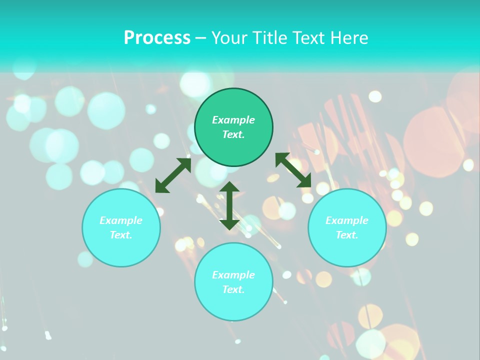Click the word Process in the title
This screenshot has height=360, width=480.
tap(157, 38)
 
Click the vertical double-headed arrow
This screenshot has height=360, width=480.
tap(229, 205)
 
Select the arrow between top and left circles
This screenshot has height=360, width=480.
tap(173, 175)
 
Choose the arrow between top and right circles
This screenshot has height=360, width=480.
tap(293, 170)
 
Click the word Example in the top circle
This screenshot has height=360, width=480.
tap(233, 120)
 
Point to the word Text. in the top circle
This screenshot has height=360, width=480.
tap(233, 134)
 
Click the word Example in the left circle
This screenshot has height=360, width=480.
tap(121, 220)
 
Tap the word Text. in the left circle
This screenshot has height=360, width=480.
tap(121, 235)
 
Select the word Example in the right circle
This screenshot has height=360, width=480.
tap(347, 220)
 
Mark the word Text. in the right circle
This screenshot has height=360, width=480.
tap(347, 235)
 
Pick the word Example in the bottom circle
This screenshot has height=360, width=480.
tap(233, 275)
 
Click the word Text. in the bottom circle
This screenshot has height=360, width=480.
tap(233, 289)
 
